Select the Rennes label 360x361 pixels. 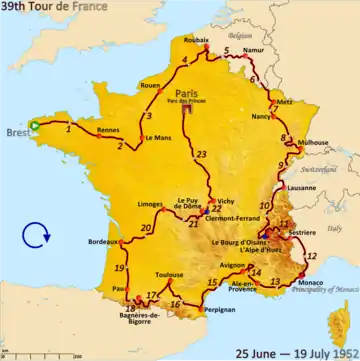(107, 129)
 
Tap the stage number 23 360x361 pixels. (202, 154)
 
